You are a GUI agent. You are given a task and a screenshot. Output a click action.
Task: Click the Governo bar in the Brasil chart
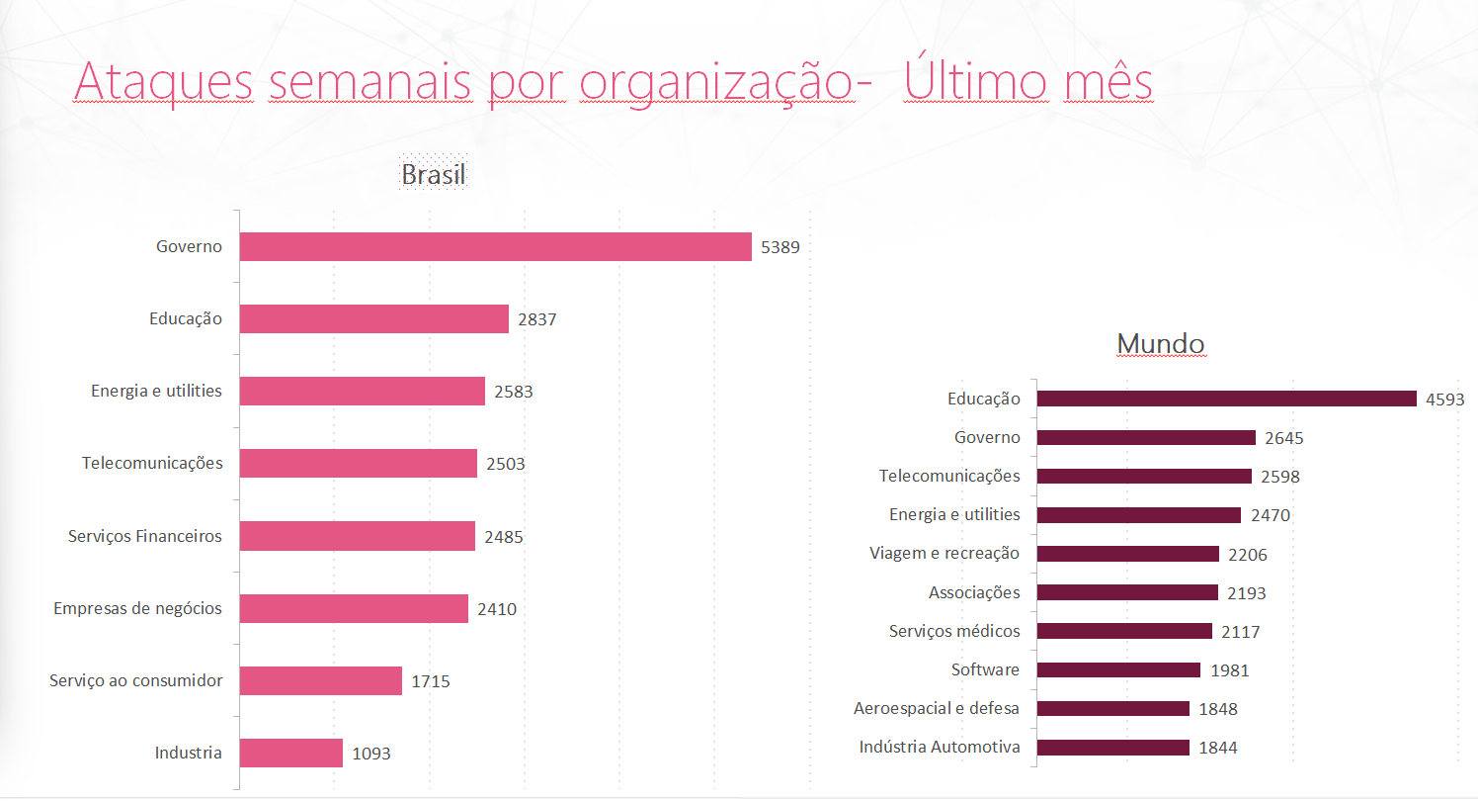[x=495, y=246]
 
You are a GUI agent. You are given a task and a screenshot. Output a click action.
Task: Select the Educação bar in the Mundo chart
[x=1226, y=399]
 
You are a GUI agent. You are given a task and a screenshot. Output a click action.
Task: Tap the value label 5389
[x=780, y=247]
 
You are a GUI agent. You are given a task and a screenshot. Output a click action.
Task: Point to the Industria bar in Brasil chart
[x=290, y=753]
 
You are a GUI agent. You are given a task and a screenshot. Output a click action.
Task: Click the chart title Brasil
[x=433, y=175]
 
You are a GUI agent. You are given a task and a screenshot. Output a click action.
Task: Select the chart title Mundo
[x=1161, y=343]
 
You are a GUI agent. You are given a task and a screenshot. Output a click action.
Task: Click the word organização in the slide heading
[x=717, y=81]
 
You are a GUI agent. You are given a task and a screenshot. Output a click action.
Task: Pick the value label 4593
[x=1444, y=400]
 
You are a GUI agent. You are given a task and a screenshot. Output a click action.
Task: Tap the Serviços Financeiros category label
[x=145, y=536]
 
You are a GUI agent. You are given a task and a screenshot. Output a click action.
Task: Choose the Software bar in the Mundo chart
[x=1118, y=669]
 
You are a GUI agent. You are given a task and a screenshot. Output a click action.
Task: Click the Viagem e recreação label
[x=944, y=553]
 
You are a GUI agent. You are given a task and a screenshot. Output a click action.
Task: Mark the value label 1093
[x=371, y=754]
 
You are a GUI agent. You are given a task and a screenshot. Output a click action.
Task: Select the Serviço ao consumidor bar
[x=320, y=680]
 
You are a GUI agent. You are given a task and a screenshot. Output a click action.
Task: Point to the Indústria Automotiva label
[x=940, y=747]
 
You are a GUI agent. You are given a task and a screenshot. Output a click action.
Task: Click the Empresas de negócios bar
[x=354, y=608]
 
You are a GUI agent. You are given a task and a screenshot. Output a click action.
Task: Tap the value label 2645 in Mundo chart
[x=1284, y=438]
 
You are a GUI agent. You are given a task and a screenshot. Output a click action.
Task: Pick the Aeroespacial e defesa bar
[x=1112, y=708]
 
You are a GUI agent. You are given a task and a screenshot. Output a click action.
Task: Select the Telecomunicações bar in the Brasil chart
[x=358, y=463]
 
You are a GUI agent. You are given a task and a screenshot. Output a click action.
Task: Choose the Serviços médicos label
[x=954, y=631]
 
